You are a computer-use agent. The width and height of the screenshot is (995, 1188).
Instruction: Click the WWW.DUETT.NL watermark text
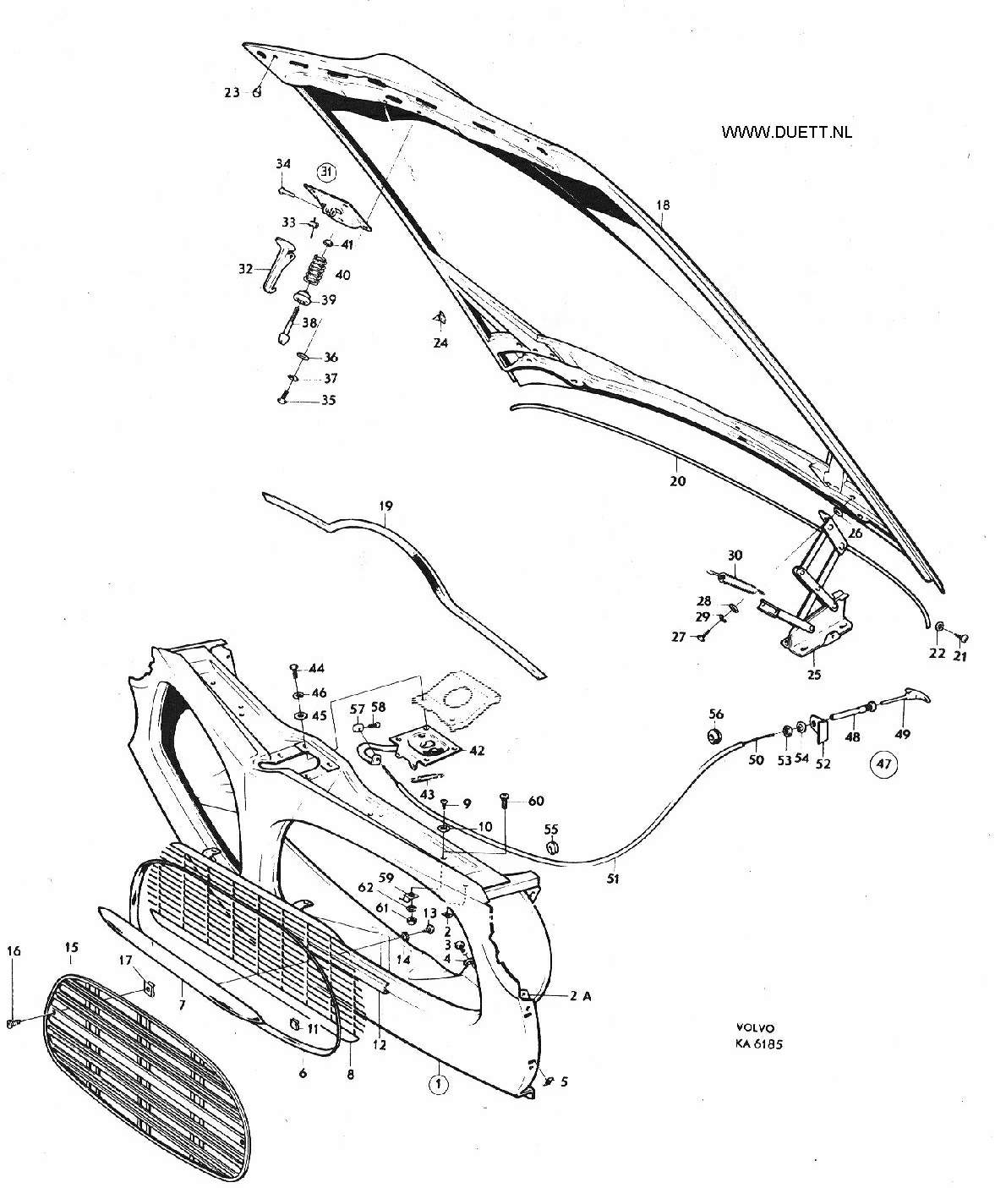point(786,132)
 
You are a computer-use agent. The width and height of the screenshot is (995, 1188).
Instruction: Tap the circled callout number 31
point(326,171)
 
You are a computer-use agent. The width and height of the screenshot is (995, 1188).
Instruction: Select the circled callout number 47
point(883,764)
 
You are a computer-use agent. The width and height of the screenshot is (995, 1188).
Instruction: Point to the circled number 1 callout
point(438,1085)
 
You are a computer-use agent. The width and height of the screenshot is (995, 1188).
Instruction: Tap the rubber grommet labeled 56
point(714,736)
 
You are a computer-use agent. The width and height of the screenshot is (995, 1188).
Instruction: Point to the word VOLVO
point(755,1028)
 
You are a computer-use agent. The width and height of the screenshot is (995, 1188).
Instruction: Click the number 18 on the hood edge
point(663,205)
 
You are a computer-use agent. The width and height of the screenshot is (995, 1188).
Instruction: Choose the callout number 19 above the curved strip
point(385,506)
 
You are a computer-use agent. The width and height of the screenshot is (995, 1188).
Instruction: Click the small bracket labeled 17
point(149,988)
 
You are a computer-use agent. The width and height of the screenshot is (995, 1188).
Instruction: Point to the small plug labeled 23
point(257,92)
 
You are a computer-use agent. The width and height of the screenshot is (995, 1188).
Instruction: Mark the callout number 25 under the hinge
point(814,675)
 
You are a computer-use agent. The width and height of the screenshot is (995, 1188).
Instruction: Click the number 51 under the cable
point(612,879)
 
